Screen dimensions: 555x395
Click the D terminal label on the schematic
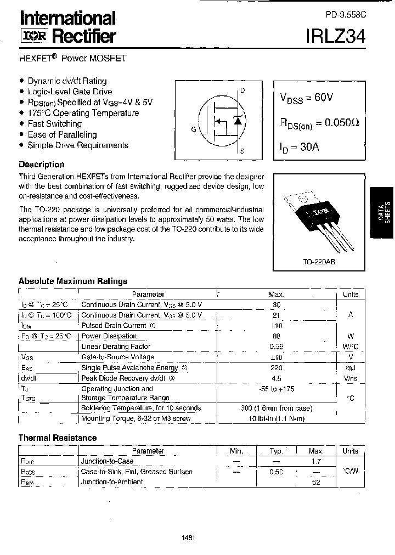[242, 90]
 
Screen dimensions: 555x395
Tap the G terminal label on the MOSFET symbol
[193, 129]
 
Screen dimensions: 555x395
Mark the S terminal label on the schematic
[242, 150]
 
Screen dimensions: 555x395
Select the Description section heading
[42, 165]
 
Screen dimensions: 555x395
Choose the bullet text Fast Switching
[54, 124]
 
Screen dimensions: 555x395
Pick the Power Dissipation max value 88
[276, 336]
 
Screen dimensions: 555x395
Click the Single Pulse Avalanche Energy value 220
[276, 368]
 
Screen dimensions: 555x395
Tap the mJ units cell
[350, 368]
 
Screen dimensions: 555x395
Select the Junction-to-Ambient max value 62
[315, 482]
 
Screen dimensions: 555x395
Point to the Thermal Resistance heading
[58, 438]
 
